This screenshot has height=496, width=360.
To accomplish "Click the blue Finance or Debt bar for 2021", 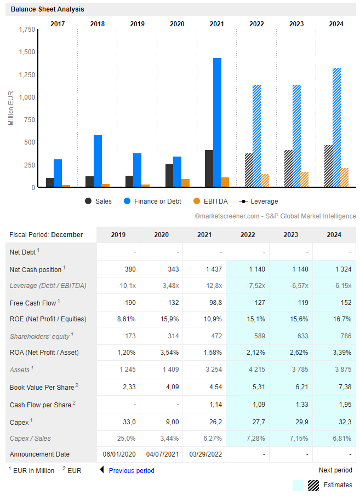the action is point(217,123).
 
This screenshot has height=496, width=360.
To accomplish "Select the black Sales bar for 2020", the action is point(169,176).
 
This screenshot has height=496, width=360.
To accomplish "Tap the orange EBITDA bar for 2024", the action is point(345,177).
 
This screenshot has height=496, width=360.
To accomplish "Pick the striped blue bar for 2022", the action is point(257,136).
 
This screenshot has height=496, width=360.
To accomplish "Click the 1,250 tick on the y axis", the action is point(27,74).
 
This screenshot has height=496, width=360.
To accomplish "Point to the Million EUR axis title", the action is point(11,108).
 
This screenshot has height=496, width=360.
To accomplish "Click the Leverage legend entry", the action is point(259,201).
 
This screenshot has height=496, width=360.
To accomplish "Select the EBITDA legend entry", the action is point(210,201).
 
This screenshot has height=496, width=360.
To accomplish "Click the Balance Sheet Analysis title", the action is point(48,9).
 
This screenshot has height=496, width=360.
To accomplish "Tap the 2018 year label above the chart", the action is point(98,24).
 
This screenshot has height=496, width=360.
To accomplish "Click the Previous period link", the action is point(132,470).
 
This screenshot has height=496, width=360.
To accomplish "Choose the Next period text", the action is point(336,470).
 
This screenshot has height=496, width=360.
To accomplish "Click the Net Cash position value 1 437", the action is point(214,269).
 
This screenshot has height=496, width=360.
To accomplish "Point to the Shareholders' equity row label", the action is point(42,336).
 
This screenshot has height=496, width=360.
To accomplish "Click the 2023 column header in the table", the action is point(291,235).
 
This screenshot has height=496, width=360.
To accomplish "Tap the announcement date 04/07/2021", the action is point(162,454).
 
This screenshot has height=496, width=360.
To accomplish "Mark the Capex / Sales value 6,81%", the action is point(342,439).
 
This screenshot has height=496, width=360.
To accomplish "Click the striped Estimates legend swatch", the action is point(313,486).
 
